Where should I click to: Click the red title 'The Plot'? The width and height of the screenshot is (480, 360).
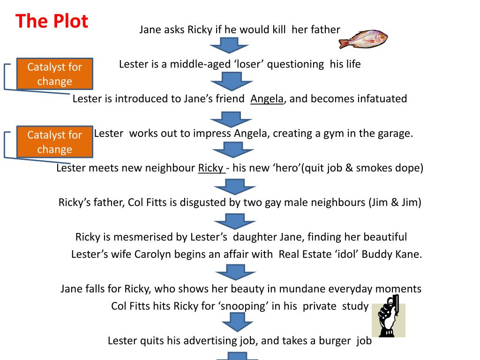(52, 21)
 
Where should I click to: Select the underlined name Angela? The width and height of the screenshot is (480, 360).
(267, 99)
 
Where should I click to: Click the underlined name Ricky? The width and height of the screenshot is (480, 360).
(211, 168)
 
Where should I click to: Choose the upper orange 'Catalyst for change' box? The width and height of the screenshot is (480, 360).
(54, 74)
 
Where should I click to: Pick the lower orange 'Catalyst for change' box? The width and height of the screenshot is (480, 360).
(54, 142)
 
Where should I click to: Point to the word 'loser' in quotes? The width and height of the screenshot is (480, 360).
(250, 64)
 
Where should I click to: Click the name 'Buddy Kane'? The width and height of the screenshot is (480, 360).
(398, 254)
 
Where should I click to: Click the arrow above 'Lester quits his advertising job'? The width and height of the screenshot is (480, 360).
(237, 322)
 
